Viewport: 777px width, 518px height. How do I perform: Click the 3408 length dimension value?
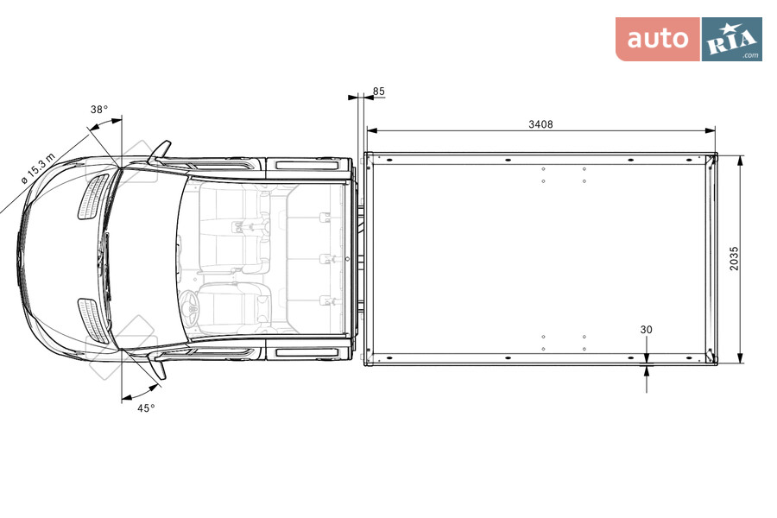(x=540, y=124)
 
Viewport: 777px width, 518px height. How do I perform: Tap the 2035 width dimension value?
(x=734, y=258)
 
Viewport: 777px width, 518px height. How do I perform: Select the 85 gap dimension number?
(x=379, y=92)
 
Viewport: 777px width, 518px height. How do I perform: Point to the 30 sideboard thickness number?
(x=646, y=330)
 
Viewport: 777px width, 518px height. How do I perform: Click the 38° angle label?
(x=99, y=110)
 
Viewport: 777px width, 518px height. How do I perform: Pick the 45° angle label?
(x=146, y=408)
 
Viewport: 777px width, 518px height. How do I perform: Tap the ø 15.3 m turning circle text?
(x=39, y=169)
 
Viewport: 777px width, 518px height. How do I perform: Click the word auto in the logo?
(x=658, y=39)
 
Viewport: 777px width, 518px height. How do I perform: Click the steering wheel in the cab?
(x=191, y=307)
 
